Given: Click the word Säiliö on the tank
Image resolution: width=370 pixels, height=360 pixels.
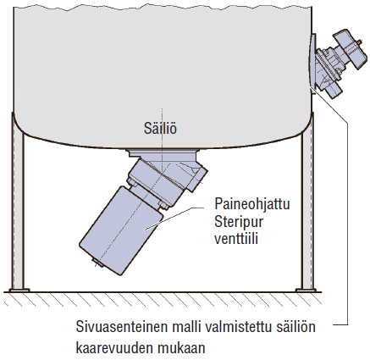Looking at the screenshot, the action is tap(160, 129).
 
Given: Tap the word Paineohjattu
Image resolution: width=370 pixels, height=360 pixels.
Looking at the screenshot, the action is tap(252, 203).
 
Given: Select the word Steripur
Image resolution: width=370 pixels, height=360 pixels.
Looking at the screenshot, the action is tap(239, 222).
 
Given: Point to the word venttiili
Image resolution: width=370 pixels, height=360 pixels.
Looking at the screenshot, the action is tap(236, 239).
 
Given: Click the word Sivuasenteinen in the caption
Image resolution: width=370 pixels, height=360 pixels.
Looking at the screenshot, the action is tap(122, 327).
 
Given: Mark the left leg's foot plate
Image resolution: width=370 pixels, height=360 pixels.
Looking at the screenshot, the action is tap(19, 290).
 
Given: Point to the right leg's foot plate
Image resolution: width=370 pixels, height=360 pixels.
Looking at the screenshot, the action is tap(306, 290).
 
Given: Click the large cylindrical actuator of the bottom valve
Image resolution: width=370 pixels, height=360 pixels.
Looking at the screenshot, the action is tap(121, 230).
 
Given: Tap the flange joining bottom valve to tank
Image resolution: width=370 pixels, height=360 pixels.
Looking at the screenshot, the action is tap(163, 153).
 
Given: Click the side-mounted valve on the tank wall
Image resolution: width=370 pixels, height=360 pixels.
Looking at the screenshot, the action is tap(337, 63).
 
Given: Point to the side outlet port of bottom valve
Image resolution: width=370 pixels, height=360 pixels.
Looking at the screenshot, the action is tap(196, 179).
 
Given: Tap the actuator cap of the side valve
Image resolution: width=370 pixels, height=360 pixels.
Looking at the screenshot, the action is tap(351, 49).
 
